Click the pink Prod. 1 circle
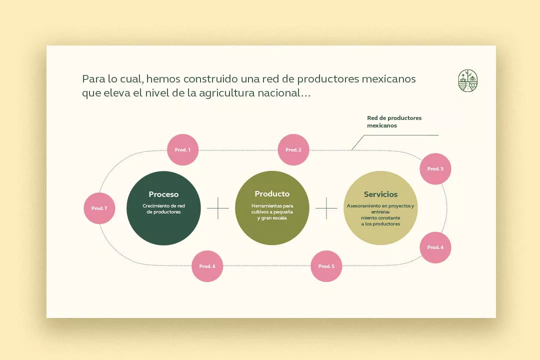click(182, 149)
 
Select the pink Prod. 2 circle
click(293, 149)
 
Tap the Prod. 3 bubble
click(435, 169)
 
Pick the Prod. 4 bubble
click(435, 247)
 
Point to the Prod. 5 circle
click(326, 266)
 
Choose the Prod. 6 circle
click(207, 266)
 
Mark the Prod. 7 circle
click(99, 208)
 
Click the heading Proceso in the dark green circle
click(163, 194)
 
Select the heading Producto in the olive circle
click(272, 194)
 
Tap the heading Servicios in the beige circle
click(381, 194)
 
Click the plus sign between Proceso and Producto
click(218, 208)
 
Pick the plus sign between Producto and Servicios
click(326, 208)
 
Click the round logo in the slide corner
click(468, 80)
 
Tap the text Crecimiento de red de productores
click(163, 209)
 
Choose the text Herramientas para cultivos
click(272, 209)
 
